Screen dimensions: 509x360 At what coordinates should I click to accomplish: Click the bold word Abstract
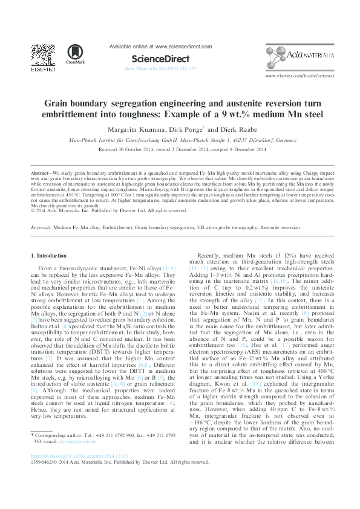(40, 172)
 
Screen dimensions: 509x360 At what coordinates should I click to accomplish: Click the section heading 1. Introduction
(48, 256)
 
